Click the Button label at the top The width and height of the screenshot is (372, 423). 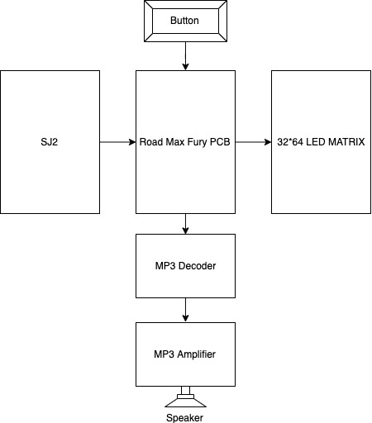tap(184, 21)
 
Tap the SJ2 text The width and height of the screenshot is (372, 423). tap(50, 142)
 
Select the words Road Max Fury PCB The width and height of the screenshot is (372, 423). tap(184, 142)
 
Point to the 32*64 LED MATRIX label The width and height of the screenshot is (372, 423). tap(321, 142)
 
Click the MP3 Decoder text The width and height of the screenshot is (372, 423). tap(185, 266)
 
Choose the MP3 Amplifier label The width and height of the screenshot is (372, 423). tap(184, 354)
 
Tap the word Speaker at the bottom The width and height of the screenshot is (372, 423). tap(184, 418)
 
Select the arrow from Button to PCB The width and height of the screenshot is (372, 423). tap(185, 56)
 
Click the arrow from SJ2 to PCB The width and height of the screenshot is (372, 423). tap(117, 142)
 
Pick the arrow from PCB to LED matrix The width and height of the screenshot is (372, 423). tap(253, 142)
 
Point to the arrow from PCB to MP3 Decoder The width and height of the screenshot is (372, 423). tap(185, 224)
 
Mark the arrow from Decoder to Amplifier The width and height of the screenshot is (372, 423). tap(185, 310)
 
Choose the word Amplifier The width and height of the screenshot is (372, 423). tap(197, 354)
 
